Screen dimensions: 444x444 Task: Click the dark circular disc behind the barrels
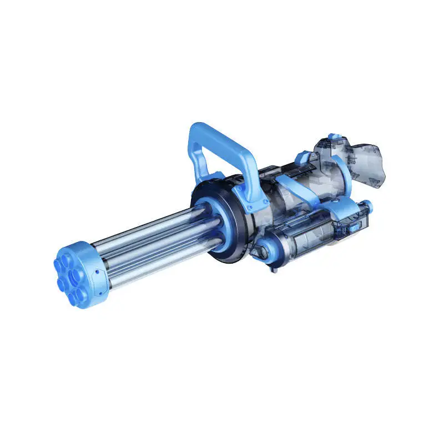coord(222,222)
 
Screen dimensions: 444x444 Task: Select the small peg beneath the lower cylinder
coord(274,270)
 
